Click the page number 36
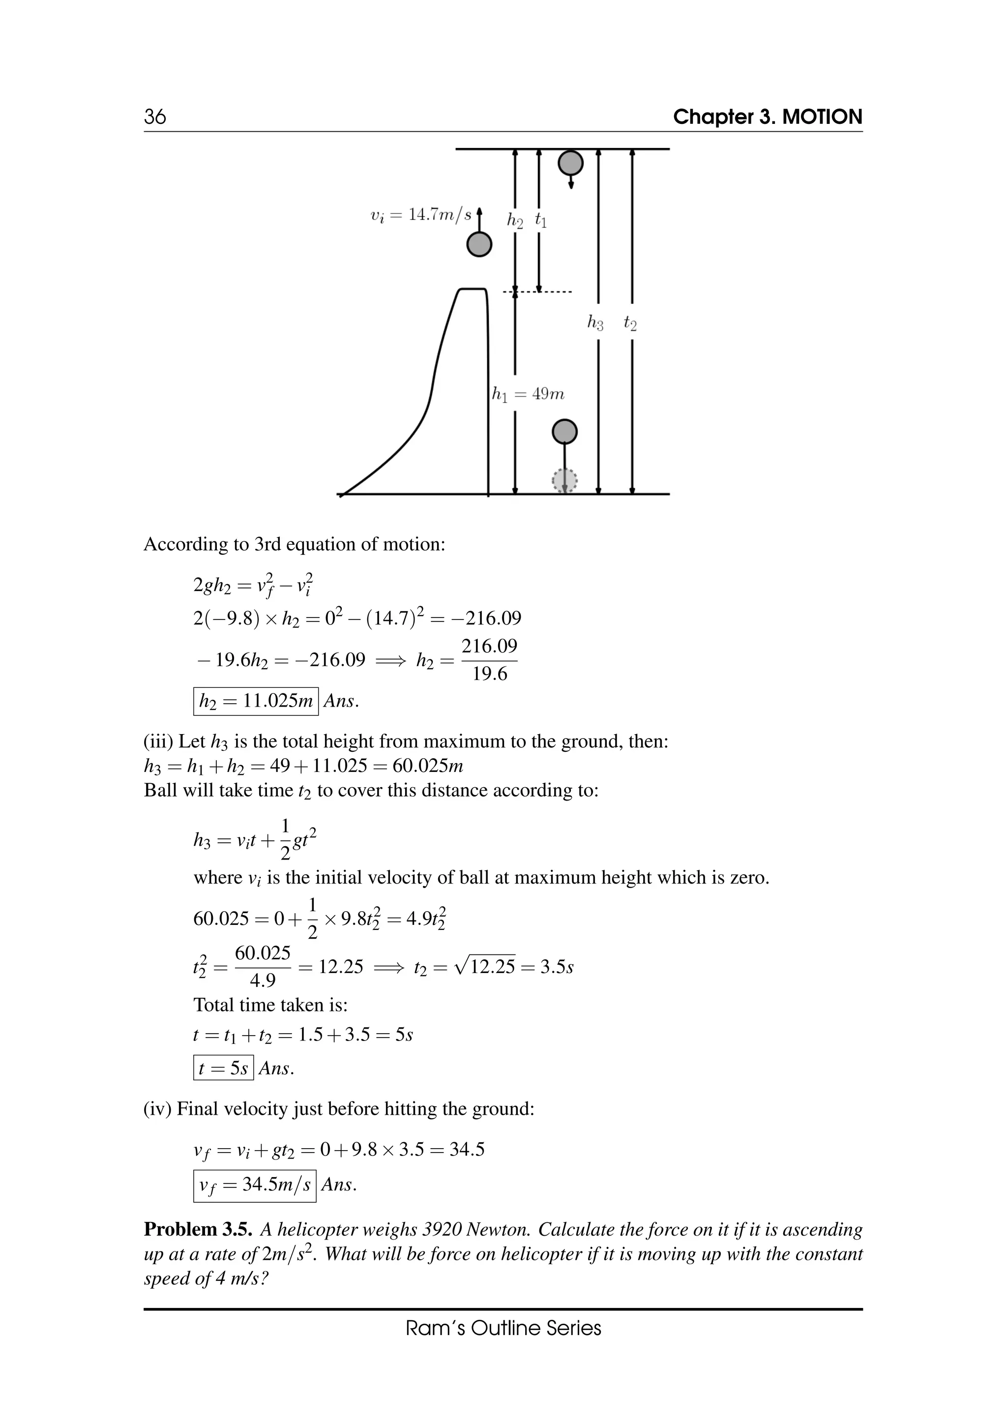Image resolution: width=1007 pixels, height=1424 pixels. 155,117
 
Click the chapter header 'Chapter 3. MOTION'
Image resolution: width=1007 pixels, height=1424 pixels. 767,117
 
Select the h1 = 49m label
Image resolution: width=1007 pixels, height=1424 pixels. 528,394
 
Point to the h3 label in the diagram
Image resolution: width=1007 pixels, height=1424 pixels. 595,323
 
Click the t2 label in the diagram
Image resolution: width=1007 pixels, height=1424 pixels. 630,323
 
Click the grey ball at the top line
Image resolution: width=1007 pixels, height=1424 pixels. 570,163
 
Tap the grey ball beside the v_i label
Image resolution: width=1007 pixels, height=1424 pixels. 479,244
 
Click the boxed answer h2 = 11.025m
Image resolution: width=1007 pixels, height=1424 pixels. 256,702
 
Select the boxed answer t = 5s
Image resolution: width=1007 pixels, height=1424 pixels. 223,1068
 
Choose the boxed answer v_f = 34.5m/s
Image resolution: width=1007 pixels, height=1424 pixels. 254,1185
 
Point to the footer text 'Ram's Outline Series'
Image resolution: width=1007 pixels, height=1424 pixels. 503,1328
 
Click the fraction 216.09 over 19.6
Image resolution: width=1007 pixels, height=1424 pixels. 489,660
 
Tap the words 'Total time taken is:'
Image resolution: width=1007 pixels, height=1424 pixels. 270,1004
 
